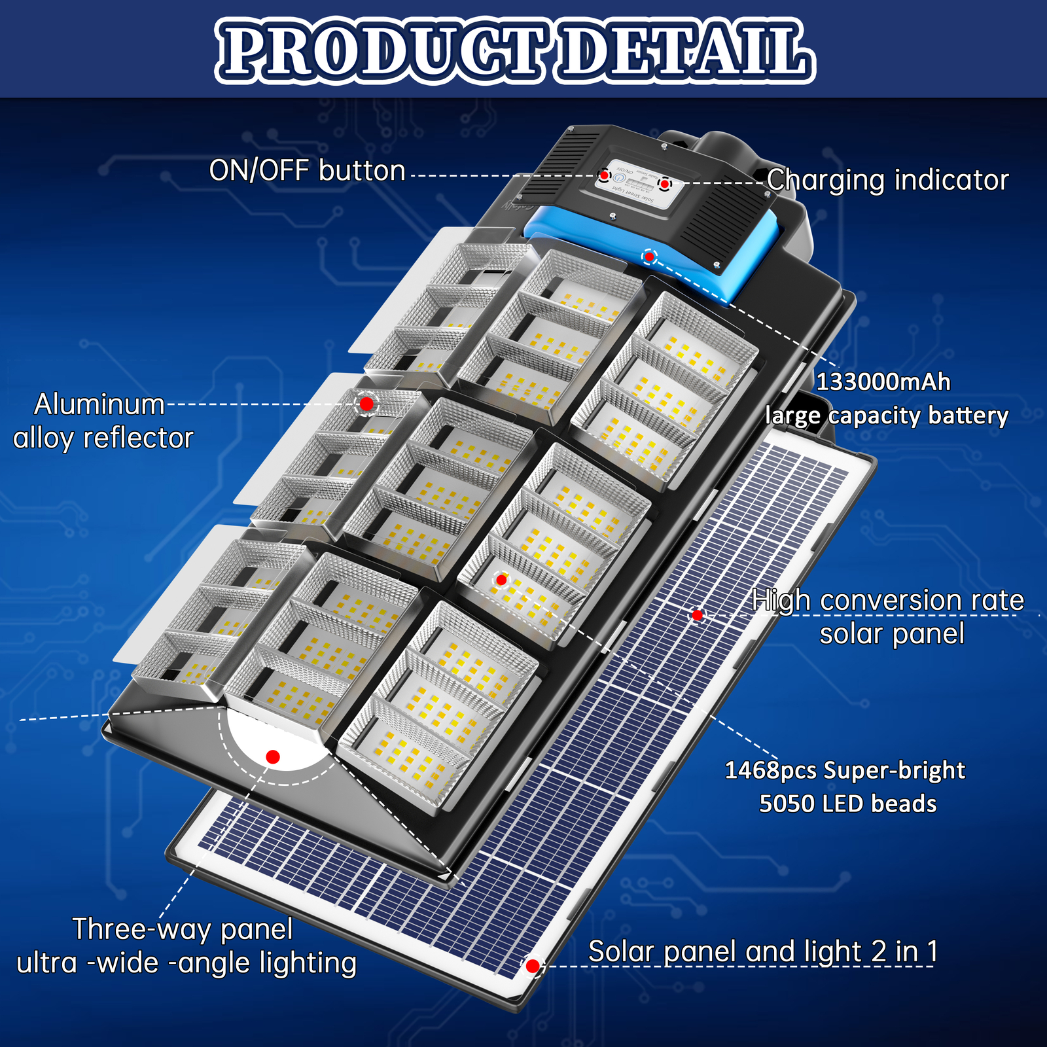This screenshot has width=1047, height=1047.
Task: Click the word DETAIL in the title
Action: coord(684,51)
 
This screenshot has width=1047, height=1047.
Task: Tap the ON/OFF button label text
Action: coord(307,171)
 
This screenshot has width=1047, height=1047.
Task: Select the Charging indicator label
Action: coord(887,181)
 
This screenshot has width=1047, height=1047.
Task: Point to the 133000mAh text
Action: coord(883,382)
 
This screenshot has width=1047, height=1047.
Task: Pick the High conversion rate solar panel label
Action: coord(889,616)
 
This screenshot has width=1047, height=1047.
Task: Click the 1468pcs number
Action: coord(770,770)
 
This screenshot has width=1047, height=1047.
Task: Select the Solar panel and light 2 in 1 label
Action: coord(762,951)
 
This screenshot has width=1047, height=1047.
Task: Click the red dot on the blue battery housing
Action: coord(649,257)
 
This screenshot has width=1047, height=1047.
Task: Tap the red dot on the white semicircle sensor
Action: coord(274,757)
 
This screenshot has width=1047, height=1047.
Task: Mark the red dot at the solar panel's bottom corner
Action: coord(533,966)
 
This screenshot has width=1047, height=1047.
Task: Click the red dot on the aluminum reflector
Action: coord(366,404)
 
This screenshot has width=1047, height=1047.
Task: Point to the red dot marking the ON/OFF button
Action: coord(605,175)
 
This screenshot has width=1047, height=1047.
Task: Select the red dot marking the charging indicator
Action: coord(664,183)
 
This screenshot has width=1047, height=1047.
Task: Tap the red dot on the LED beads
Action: coord(501,580)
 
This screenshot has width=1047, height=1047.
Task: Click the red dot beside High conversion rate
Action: coord(698,615)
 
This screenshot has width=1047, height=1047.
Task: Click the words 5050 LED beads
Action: coord(847,804)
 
